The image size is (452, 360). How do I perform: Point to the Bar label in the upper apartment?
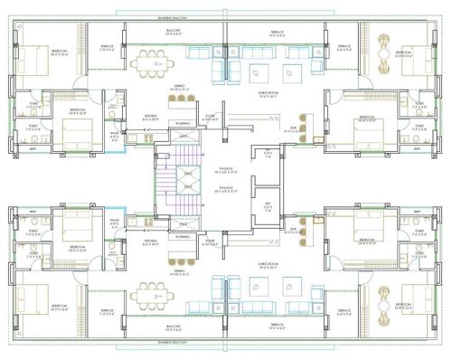(x=294, y=129)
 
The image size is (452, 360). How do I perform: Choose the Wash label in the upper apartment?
(x=115, y=137)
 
